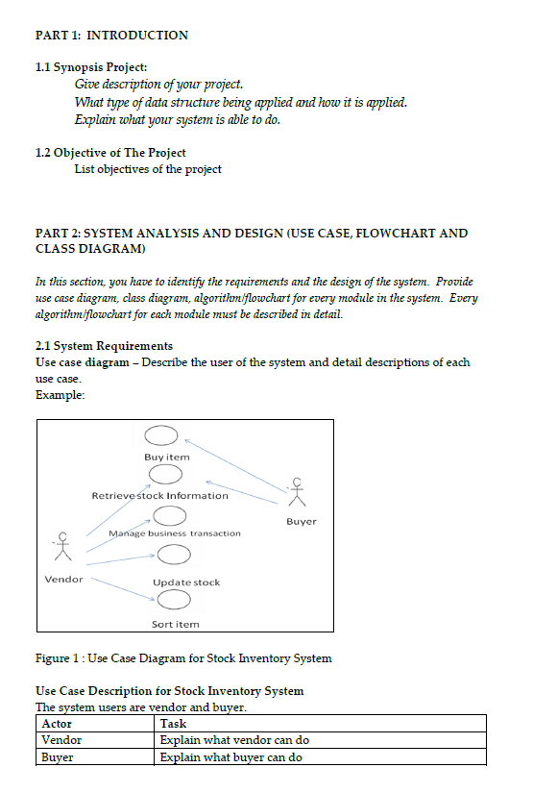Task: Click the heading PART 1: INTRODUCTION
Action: click(x=111, y=36)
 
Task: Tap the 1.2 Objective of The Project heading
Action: click(x=110, y=153)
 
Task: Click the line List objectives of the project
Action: click(x=148, y=169)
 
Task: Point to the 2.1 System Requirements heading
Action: click(x=104, y=345)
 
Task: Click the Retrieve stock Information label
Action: click(x=159, y=495)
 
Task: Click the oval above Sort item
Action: click(x=174, y=601)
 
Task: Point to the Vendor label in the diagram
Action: click(x=63, y=579)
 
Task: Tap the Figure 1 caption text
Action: click(x=183, y=658)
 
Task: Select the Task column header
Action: click(x=173, y=723)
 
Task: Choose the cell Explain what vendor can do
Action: click(x=234, y=740)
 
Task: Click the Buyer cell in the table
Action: click(x=58, y=757)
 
